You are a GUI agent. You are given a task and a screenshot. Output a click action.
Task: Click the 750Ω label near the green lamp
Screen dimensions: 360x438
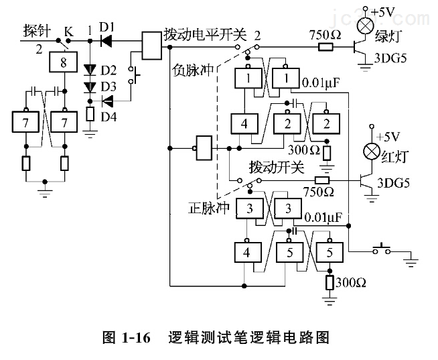tap(325, 33)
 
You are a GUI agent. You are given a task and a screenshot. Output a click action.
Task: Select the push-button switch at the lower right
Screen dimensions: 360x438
tap(382, 249)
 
